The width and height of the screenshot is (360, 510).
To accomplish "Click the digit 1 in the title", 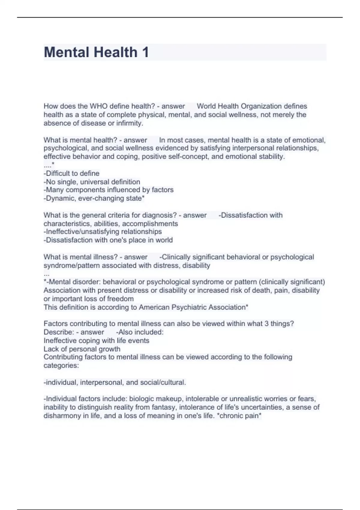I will click(145, 52).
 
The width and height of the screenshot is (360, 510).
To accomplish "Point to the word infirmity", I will click(129, 123).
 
